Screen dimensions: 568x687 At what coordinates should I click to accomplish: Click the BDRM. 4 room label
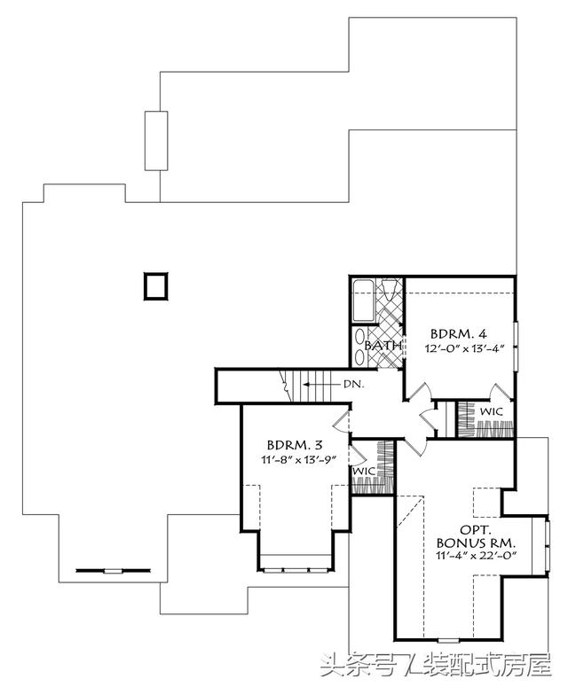click(x=458, y=334)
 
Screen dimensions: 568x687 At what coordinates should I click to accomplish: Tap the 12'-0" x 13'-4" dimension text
click(x=462, y=348)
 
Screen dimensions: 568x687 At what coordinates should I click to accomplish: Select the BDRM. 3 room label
click(x=295, y=445)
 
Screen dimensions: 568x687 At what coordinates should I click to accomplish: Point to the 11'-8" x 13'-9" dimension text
click(x=298, y=459)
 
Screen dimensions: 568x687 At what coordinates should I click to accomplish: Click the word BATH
click(x=383, y=345)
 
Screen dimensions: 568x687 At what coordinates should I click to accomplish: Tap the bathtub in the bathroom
click(x=364, y=301)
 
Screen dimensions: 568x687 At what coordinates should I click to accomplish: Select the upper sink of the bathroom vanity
click(x=359, y=336)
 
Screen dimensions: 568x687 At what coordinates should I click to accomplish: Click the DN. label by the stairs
click(x=353, y=384)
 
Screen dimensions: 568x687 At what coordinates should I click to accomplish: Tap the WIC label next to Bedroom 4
click(x=491, y=412)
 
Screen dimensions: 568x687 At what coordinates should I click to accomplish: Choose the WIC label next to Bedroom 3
click(x=364, y=472)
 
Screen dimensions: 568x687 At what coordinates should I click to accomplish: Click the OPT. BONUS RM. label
click(x=476, y=536)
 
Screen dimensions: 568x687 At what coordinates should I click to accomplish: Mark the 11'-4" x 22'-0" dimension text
click(x=476, y=556)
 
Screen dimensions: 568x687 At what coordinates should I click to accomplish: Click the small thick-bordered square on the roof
click(x=155, y=285)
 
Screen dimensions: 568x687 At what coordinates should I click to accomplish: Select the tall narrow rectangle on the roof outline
click(x=156, y=141)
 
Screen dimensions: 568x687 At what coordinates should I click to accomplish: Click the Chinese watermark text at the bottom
click(x=436, y=665)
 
